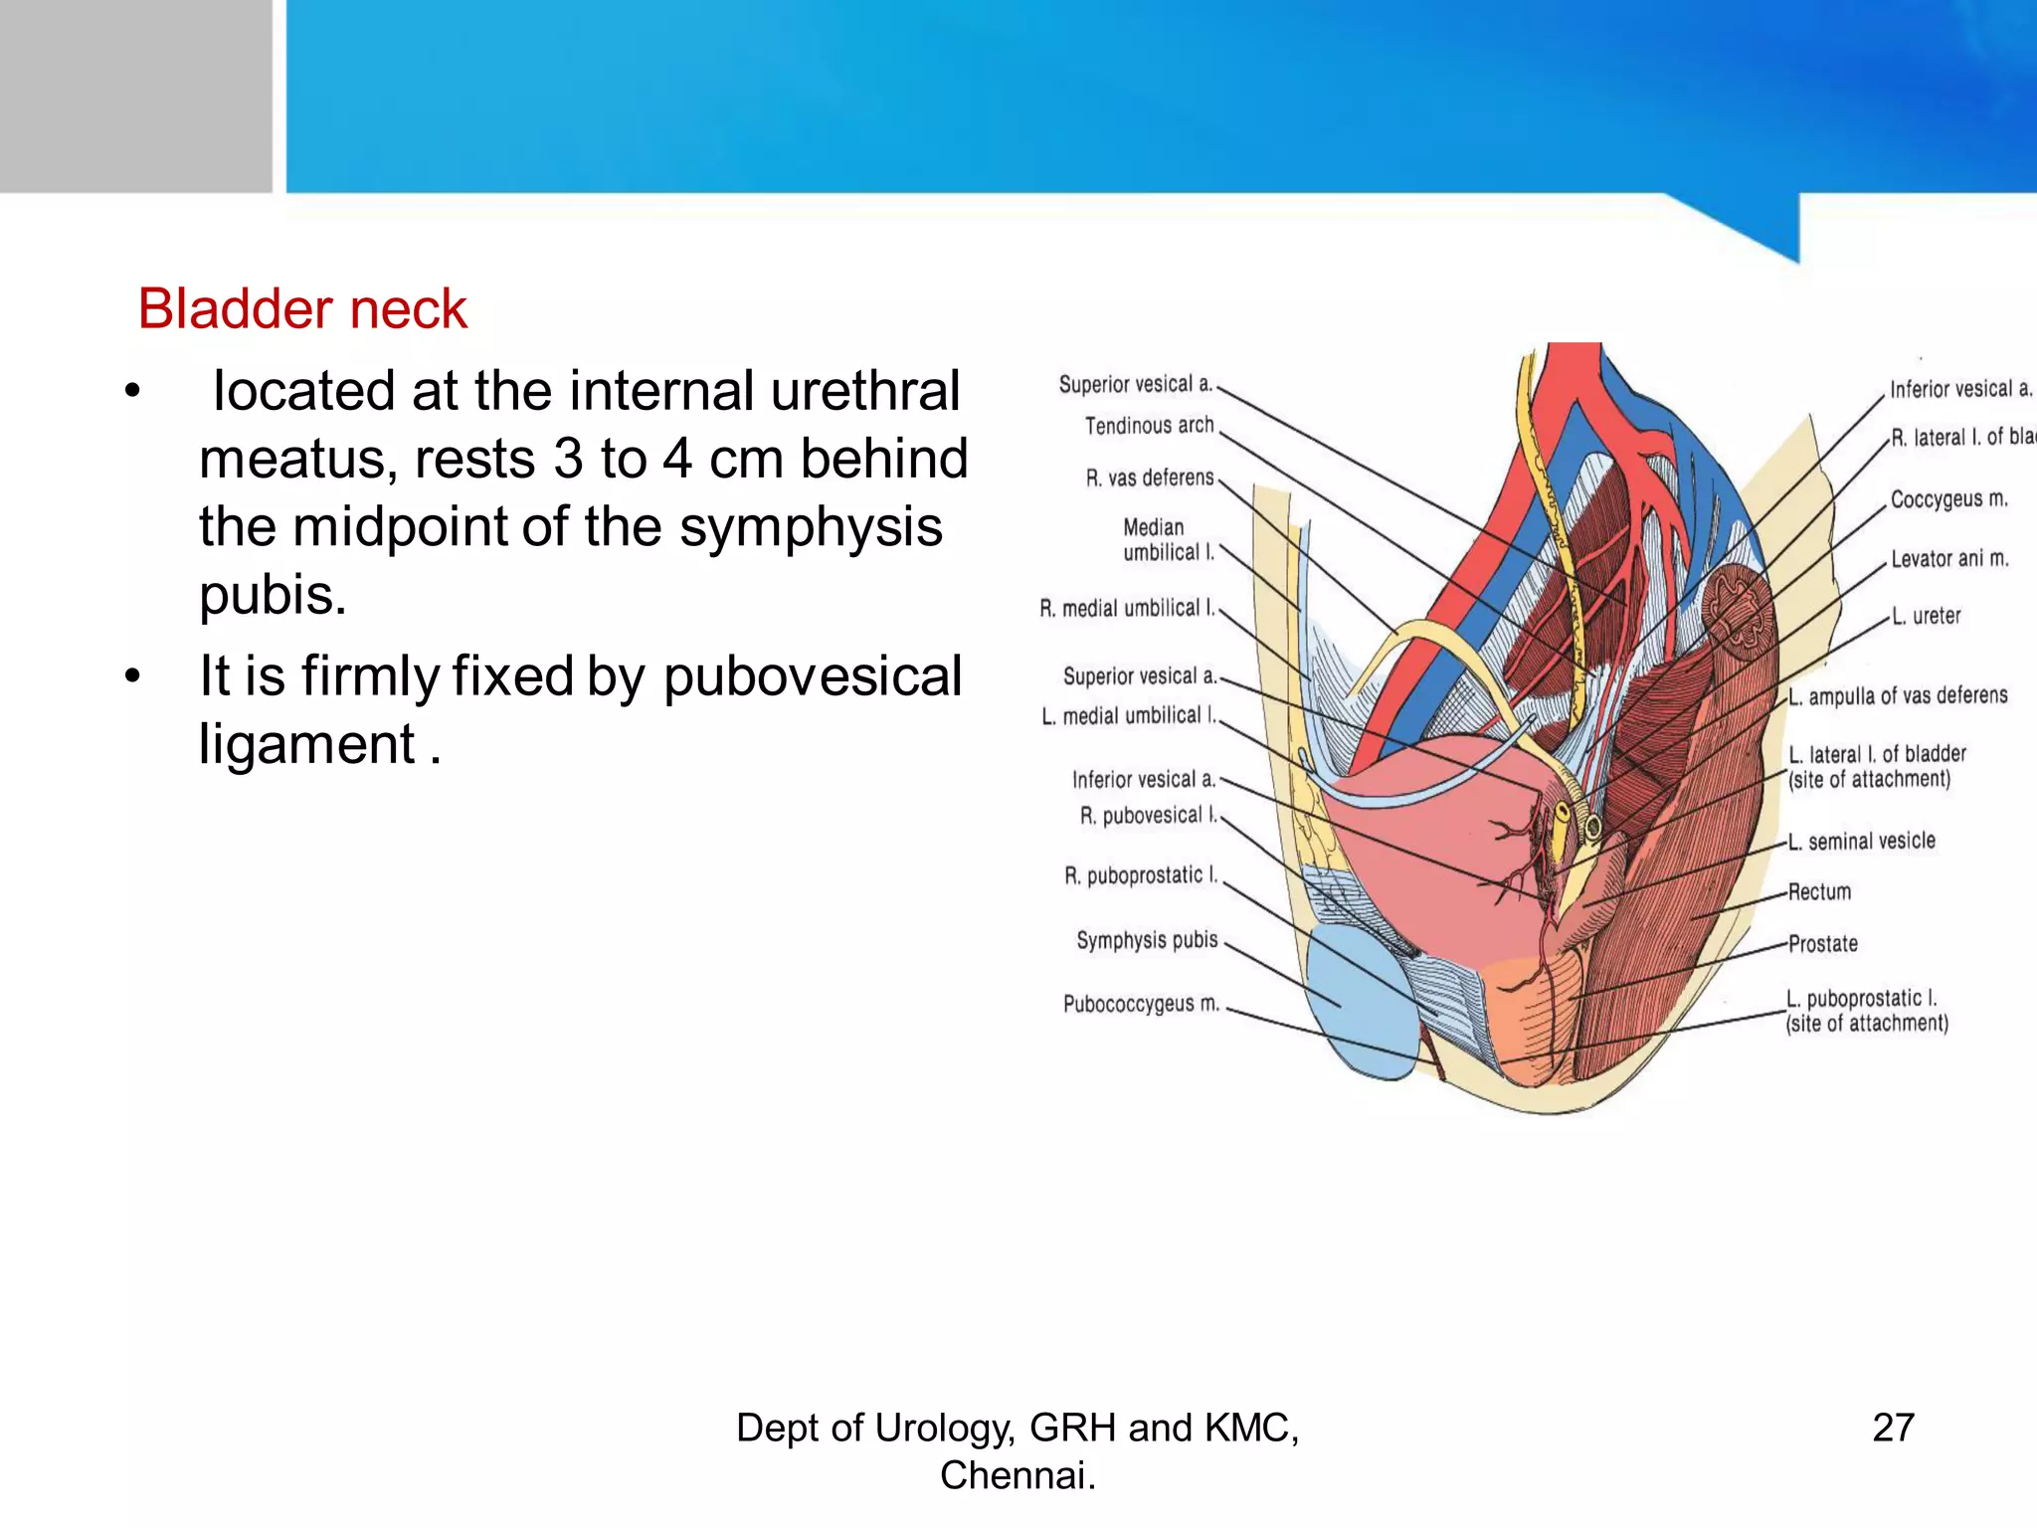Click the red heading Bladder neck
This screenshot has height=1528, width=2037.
[301, 309]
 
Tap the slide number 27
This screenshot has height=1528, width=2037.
[1893, 1428]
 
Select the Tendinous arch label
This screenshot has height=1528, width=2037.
[1149, 426]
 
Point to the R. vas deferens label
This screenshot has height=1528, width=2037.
[1149, 477]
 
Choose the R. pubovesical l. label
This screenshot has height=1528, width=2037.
[1148, 816]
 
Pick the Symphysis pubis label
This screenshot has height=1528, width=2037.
[1147, 940]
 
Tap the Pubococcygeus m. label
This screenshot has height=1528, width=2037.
[1141, 1004]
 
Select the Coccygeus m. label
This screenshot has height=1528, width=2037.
[1948, 499]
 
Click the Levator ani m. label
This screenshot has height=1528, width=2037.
[1948, 559]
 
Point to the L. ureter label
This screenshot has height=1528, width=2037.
[1926, 617]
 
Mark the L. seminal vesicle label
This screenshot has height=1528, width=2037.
[1862, 842]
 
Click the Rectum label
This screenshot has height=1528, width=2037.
[1819, 892]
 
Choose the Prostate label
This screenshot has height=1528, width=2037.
[1822, 944]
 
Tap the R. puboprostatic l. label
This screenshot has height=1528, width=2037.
[1140, 876]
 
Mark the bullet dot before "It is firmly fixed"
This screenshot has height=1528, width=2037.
[133, 676]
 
